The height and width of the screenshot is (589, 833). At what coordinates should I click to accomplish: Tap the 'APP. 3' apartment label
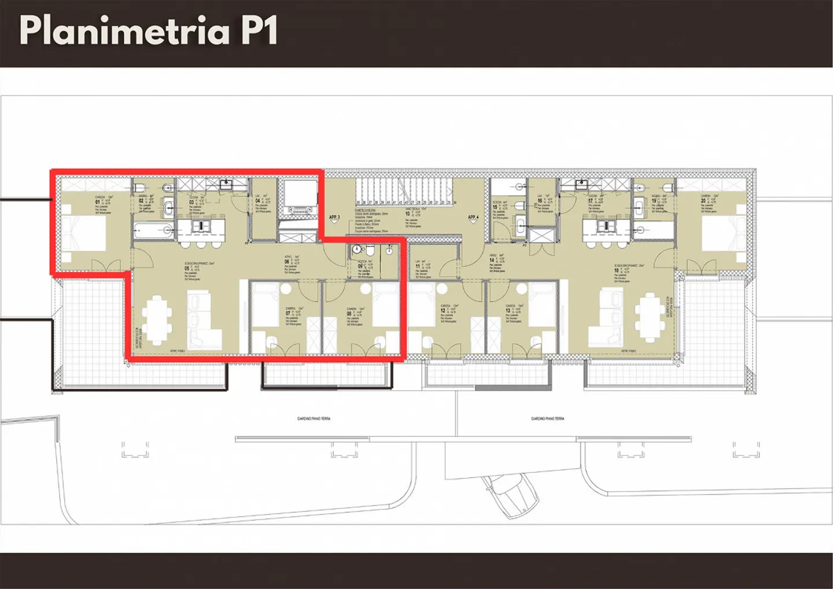click(x=334, y=218)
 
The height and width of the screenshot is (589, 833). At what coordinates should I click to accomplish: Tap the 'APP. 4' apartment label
click(x=473, y=218)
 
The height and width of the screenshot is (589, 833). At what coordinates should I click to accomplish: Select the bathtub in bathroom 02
click(x=153, y=231)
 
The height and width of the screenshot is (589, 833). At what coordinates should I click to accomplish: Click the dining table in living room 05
click(x=157, y=319)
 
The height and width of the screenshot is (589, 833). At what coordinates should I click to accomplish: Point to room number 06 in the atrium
click(x=287, y=262)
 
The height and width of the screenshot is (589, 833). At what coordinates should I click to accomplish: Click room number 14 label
click(x=492, y=260)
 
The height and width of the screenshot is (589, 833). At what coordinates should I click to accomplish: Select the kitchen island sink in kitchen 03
click(x=200, y=226)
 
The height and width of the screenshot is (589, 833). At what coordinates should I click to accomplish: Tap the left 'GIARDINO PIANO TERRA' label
click(x=314, y=418)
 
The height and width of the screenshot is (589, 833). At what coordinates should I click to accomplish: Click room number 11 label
click(x=418, y=267)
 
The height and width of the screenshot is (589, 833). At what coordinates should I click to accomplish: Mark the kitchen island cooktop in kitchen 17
click(x=605, y=226)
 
